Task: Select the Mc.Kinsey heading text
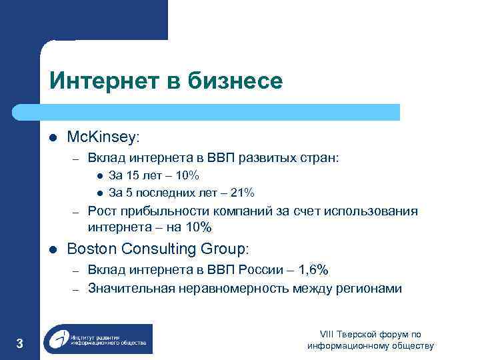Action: point(103,137)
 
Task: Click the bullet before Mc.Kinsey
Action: point(53,138)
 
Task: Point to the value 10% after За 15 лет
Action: point(186,176)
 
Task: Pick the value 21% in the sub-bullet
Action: point(241,193)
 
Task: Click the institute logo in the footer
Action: point(98,339)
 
